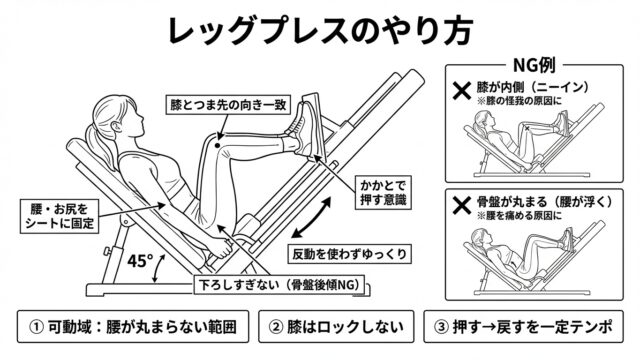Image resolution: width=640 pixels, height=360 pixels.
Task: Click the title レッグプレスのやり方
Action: (x=320, y=30)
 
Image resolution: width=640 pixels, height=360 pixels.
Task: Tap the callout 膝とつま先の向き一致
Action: (x=228, y=104)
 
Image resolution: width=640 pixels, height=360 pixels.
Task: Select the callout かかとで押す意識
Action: (x=383, y=192)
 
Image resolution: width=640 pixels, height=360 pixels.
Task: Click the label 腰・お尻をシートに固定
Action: (x=60, y=216)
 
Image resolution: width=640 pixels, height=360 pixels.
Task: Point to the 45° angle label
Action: (x=140, y=261)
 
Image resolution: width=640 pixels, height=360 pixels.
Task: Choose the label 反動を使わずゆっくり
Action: (x=349, y=254)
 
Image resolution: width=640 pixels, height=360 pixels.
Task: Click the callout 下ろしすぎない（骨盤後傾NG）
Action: (x=280, y=284)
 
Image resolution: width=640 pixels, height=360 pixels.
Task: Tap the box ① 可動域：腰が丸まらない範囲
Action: (x=133, y=327)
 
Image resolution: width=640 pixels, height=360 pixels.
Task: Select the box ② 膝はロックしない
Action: (x=336, y=327)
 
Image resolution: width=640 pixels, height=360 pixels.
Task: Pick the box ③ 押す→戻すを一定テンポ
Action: (x=523, y=327)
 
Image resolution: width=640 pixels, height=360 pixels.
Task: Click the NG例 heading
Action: (x=534, y=65)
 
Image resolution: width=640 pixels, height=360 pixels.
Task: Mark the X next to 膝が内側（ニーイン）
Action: (x=462, y=91)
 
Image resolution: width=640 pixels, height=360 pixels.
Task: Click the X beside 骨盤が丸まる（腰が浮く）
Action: (x=462, y=205)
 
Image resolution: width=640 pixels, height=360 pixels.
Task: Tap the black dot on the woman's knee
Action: (x=218, y=145)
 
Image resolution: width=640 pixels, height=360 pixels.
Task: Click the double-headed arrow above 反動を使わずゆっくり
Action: (x=311, y=218)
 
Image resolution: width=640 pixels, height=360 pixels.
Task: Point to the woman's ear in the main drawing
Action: (x=116, y=127)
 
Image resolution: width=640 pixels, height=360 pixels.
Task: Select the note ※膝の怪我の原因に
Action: (x=519, y=101)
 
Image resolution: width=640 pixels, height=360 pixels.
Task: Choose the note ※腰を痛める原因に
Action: (x=519, y=216)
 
